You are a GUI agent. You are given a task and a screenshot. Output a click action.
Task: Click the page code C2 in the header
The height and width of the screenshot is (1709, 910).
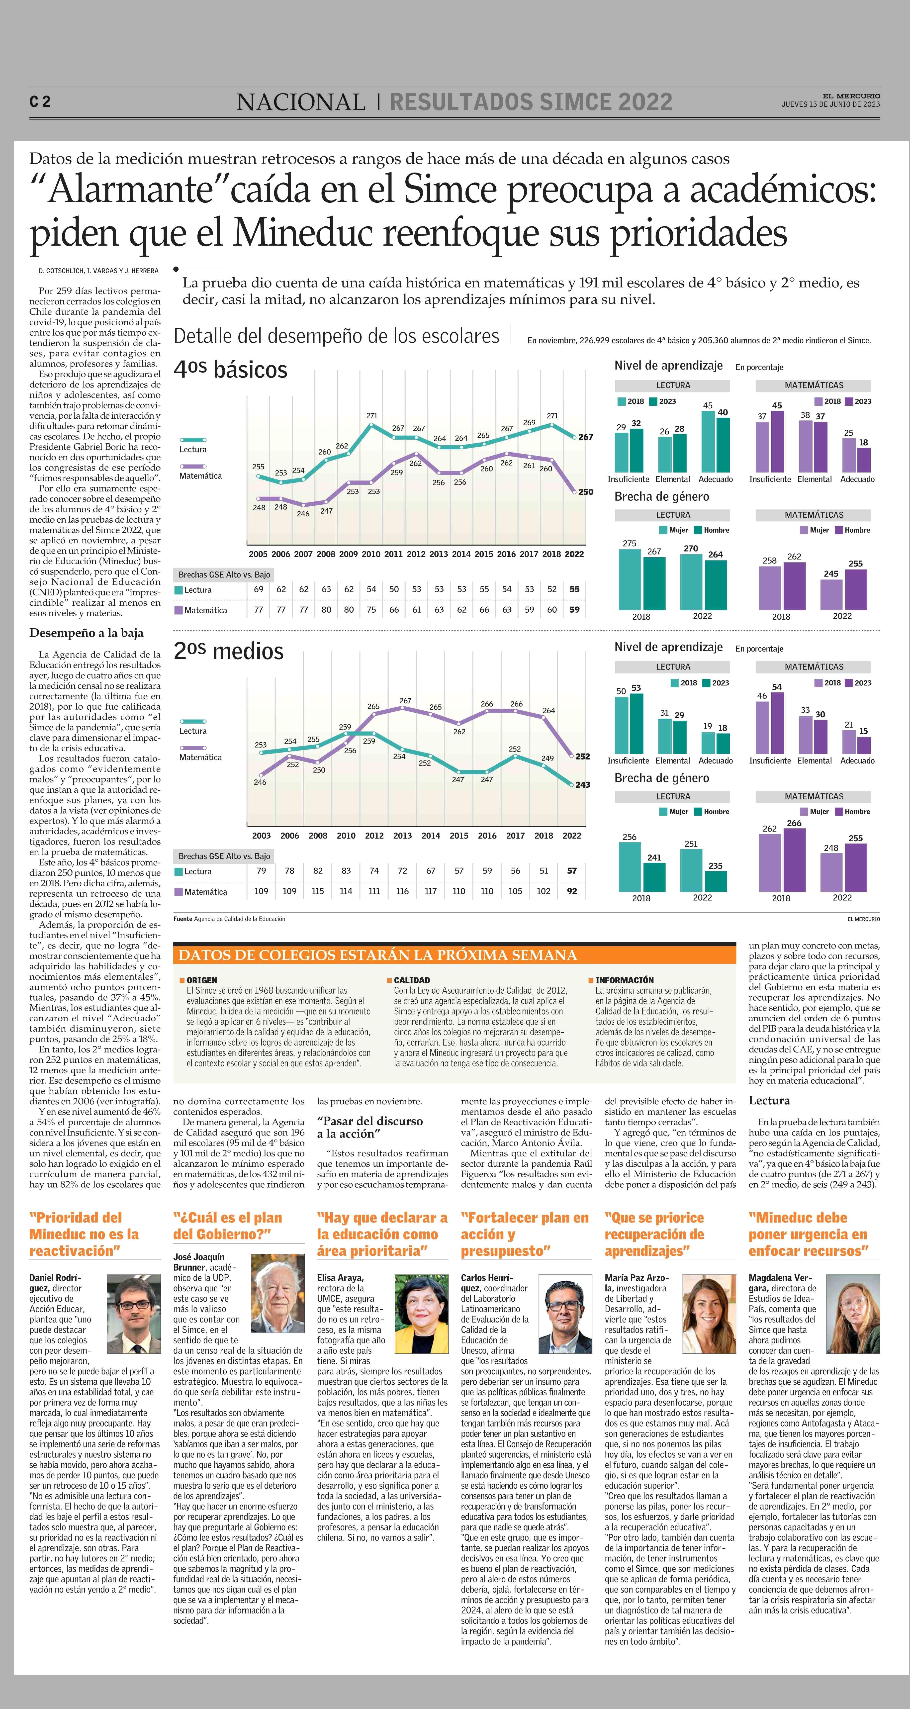(x=40, y=101)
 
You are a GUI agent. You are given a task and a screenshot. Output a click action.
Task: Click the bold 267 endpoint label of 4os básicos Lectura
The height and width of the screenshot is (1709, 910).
(x=586, y=437)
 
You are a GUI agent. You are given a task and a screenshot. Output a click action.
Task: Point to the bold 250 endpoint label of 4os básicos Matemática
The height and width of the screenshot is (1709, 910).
(x=586, y=492)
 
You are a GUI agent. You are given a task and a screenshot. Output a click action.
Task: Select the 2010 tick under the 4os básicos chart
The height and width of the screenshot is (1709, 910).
(x=371, y=554)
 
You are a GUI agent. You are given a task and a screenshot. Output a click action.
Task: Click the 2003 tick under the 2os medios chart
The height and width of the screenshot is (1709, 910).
(x=261, y=836)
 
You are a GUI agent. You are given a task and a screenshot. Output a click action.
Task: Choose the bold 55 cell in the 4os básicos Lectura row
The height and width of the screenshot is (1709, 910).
(x=574, y=589)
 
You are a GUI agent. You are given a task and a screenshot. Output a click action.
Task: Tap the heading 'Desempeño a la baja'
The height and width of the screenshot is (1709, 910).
(x=86, y=633)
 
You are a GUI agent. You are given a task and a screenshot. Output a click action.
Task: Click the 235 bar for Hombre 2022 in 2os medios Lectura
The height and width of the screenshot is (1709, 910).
(x=716, y=881)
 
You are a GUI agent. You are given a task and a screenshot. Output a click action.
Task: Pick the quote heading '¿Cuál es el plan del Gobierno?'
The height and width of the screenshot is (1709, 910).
(x=227, y=1226)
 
